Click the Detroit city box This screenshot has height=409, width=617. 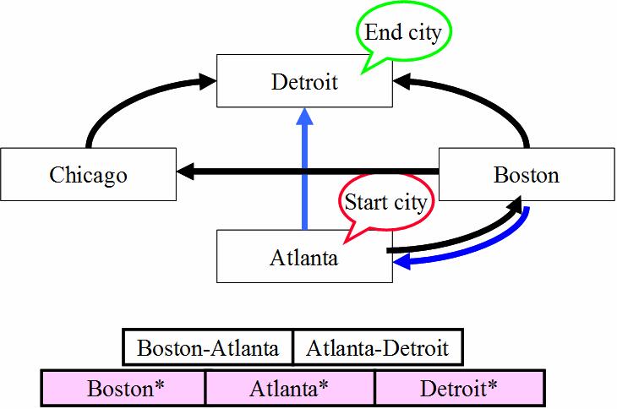coord(304,80)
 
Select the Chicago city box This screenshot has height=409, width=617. coord(88,174)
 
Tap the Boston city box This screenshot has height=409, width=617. coord(527,174)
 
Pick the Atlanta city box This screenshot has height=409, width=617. coord(304,256)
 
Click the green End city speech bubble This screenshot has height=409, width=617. coord(403,31)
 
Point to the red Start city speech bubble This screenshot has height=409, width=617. coord(385,203)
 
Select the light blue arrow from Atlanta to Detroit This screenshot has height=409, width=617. coord(304,169)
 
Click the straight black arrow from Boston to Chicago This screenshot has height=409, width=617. coord(308,172)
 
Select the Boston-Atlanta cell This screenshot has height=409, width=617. coord(208,347)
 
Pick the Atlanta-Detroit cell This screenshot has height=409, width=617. coord(378,347)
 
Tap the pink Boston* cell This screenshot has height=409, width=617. coord(123,388)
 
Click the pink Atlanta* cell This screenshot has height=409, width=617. coord(290,388)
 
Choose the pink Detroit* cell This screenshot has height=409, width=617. coord(460,388)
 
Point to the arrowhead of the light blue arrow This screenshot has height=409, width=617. coord(304,117)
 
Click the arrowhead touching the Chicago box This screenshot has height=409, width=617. coord(185,172)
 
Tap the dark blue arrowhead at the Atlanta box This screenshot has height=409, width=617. coord(402,262)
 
